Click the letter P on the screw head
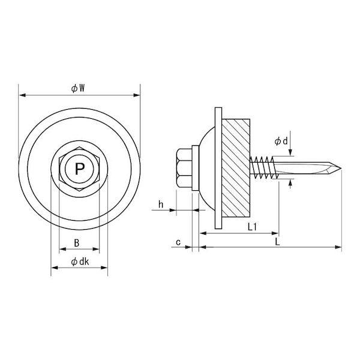click(79, 169)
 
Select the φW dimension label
click(78, 88)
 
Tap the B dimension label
click(77, 243)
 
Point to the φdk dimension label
click(80, 262)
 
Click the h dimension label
click(161, 204)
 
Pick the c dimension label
click(178, 242)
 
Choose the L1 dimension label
click(252, 227)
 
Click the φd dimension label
click(281, 141)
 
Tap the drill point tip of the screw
click(341, 169)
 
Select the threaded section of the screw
click(264, 167)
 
